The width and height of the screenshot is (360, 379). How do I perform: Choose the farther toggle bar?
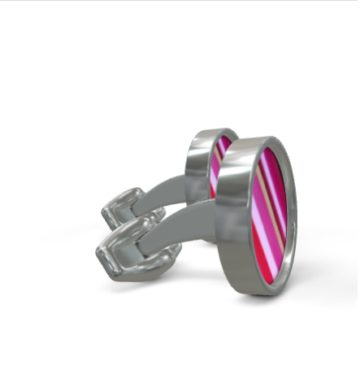click(x=126, y=207)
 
